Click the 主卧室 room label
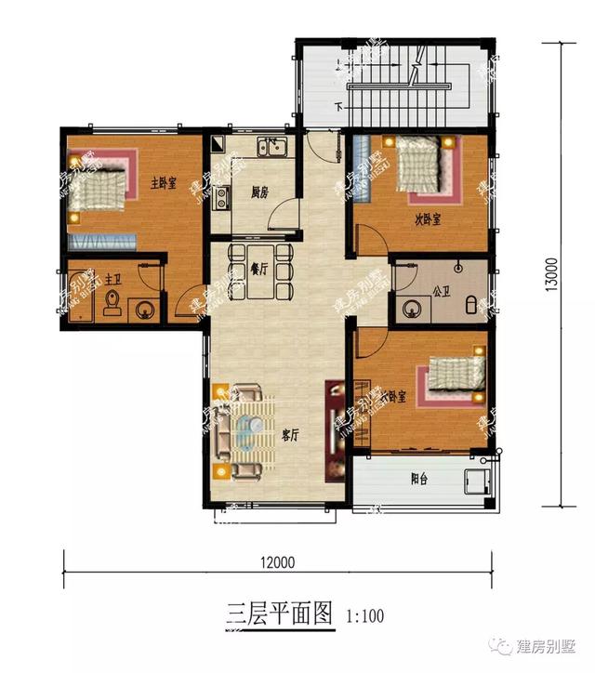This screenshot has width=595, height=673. coord(164,182)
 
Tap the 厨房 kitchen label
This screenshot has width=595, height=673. coord(259,193)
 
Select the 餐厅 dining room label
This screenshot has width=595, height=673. coord(259,269)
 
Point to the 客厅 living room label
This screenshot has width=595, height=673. coord(289,434)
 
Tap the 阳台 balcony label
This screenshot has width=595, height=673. coord(419,480)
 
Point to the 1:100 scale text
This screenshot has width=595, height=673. coord(364,615)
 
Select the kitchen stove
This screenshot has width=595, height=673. coord(222,196)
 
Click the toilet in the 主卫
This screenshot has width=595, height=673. coord(112,302)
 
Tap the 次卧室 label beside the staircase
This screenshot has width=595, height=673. coord(428,219)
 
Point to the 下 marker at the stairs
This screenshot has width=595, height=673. coord(340,106)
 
